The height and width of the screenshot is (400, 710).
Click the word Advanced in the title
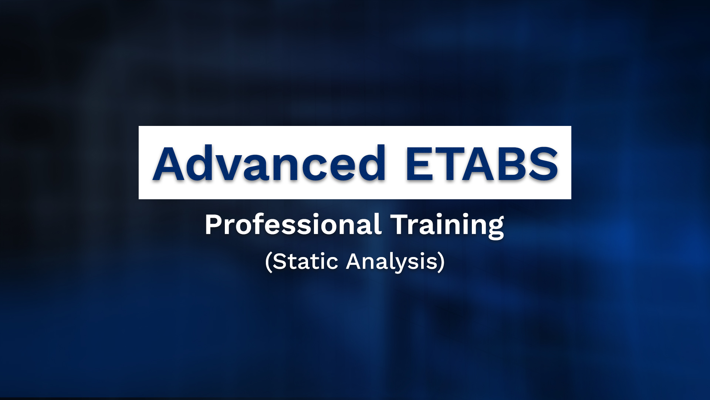[x=269, y=164]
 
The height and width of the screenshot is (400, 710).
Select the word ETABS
[x=481, y=164]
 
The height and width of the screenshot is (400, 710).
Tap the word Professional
[x=293, y=224]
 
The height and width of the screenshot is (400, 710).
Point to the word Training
[x=447, y=224]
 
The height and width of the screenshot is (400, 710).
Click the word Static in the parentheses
[x=305, y=261]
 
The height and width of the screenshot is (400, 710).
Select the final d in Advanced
[x=370, y=164]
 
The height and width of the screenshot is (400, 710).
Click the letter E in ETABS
[x=420, y=164]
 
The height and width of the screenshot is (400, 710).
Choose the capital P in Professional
[x=213, y=224]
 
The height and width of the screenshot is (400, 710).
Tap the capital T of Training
[x=400, y=224]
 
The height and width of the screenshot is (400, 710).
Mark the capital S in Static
[x=280, y=261]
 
